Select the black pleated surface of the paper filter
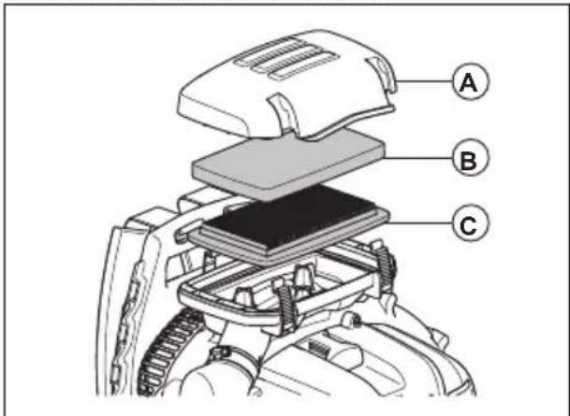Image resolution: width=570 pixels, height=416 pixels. point(281,221)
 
